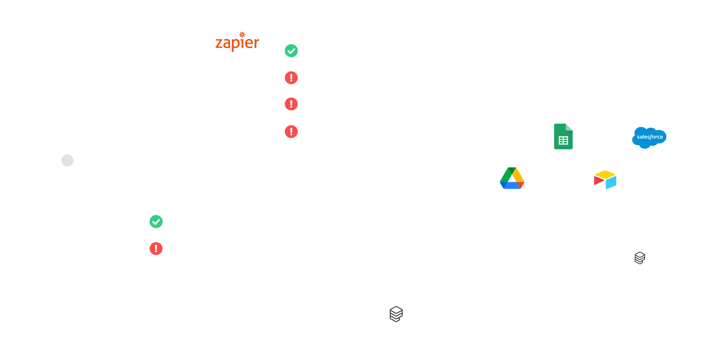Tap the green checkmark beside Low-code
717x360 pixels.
click(291, 51)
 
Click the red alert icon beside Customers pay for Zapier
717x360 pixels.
click(291, 78)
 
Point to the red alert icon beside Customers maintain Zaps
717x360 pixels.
click(291, 132)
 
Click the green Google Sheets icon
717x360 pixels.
click(563, 137)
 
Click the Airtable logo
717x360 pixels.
click(605, 180)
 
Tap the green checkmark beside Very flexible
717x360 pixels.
click(156, 222)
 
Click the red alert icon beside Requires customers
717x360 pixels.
click(156, 248)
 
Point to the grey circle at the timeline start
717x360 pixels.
click(67, 161)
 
